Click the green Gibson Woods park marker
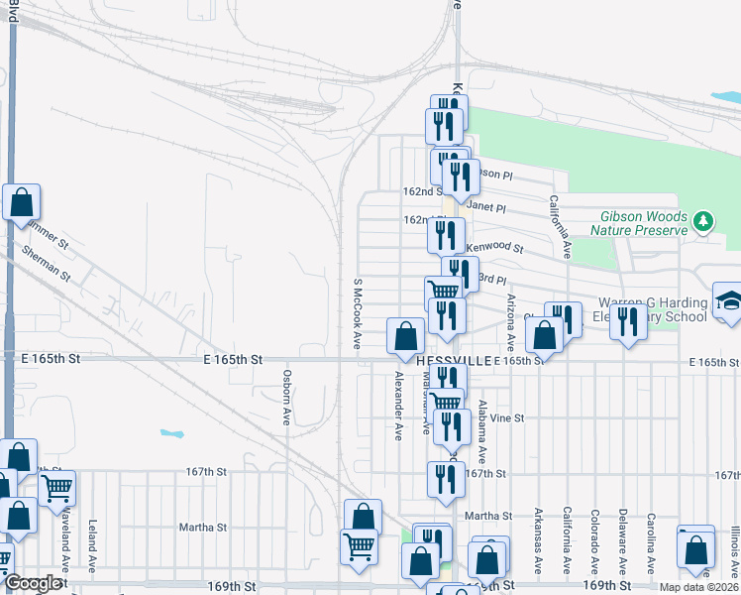(703, 219)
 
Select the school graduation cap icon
(728, 300)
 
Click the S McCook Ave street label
(356, 313)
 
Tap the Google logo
(32, 583)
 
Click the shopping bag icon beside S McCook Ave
(404, 335)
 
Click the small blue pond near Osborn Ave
(171, 434)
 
